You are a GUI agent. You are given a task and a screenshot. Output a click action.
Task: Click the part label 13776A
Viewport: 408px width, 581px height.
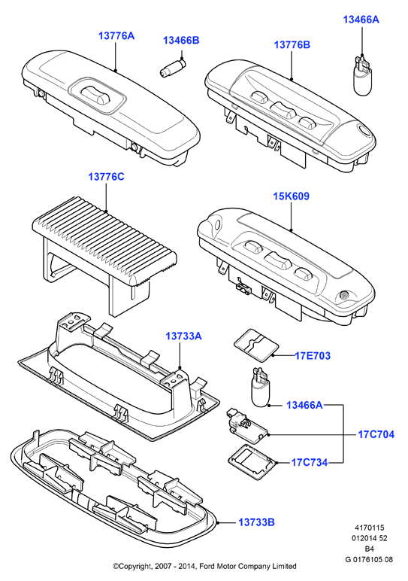pos(116,36)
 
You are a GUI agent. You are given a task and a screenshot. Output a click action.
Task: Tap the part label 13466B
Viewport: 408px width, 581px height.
pos(181,40)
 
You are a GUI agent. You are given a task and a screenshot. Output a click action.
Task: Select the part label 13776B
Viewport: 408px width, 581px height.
pos(292,45)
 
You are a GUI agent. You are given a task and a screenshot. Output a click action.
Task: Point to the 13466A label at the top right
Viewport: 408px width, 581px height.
pos(361,20)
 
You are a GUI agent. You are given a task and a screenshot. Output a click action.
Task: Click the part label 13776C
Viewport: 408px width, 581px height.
pos(106,177)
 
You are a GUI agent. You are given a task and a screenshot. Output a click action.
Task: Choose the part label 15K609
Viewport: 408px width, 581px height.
pos(291,196)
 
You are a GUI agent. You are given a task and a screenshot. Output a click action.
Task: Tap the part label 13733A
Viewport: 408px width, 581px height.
pos(183,336)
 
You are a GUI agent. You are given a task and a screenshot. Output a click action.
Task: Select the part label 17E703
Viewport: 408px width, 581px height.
pos(313,356)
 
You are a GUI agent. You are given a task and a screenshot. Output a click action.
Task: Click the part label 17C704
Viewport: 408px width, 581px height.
pos(376,434)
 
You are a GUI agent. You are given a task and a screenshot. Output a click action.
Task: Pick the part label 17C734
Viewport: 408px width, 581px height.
pos(310,462)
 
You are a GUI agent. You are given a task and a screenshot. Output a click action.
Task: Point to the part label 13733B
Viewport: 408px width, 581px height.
pos(256,522)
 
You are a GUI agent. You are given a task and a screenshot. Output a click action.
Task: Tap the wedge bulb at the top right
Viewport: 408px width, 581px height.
pos(361,76)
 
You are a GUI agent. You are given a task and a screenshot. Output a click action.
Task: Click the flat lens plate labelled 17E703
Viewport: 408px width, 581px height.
pos(256,345)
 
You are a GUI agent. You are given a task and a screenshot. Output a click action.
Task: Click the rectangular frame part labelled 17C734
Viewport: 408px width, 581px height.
pos(252,460)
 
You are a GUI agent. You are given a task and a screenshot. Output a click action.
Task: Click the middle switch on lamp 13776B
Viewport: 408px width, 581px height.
pos(283,110)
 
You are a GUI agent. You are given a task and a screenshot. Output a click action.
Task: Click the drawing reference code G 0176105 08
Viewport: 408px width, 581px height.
pos(369,559)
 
